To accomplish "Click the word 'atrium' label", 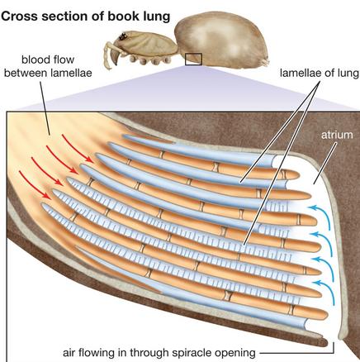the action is pos(337,135).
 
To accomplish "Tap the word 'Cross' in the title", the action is pos(19,17).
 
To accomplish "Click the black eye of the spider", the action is pos(123,36).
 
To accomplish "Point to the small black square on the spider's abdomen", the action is pos(193,60).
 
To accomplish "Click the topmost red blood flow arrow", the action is pos(78,149).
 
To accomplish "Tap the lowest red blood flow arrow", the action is pos(35,185).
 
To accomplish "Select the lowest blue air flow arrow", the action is pos(325,291).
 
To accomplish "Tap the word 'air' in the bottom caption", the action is pos(69,353).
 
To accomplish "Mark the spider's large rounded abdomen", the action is pos(220,39).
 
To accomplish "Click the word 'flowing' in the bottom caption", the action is pos(96,353).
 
